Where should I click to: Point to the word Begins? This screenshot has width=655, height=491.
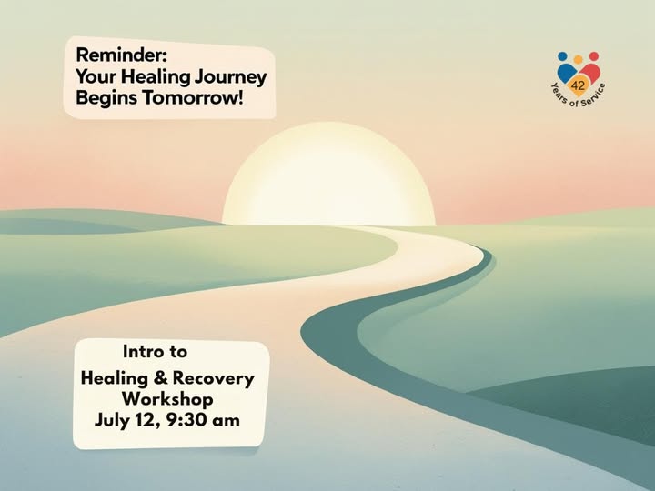click(x=107, y=99)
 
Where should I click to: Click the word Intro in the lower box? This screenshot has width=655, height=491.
click(x=139, y=352)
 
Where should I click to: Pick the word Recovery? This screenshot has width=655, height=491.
click(x=214, y=378)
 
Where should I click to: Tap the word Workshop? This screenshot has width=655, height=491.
click(x=167, y=399)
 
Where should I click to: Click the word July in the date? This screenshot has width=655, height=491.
click(x=110, y=420)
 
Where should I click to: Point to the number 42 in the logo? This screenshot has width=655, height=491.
click(x=578, y=85)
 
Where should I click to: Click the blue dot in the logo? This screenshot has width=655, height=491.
click(x=563, y=56)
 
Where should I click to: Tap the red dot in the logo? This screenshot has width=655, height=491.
click(x=593, y=56)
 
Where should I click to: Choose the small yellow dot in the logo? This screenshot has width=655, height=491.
click(x=579, y=59)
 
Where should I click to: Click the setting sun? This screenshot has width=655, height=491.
click(x=328, y=175)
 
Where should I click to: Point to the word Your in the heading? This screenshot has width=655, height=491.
click(x=97, y=76)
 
